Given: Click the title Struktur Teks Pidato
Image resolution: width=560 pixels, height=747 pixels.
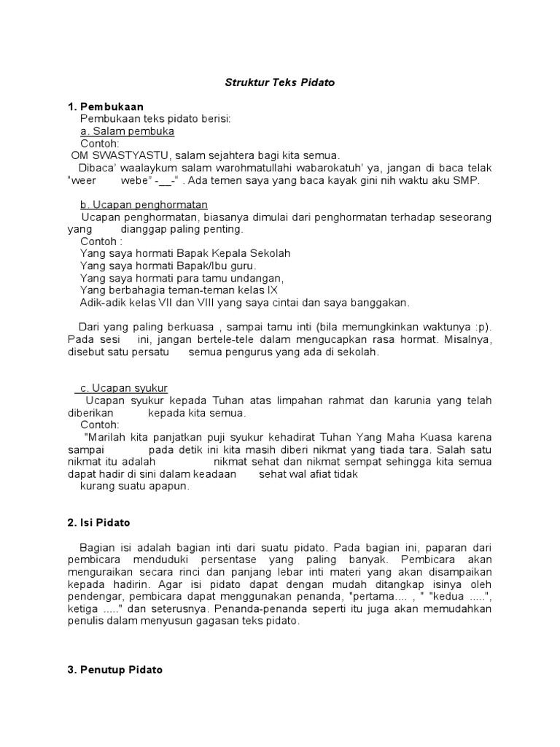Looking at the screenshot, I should pos(279,83).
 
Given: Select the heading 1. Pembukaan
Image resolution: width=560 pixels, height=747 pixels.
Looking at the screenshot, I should pos(106,107).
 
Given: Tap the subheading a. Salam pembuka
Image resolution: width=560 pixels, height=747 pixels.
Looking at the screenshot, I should pos(128,131).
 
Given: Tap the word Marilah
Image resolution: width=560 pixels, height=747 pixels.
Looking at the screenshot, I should pos(108,437).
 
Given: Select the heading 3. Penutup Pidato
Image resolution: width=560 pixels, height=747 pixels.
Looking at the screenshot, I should pos(115,669).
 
